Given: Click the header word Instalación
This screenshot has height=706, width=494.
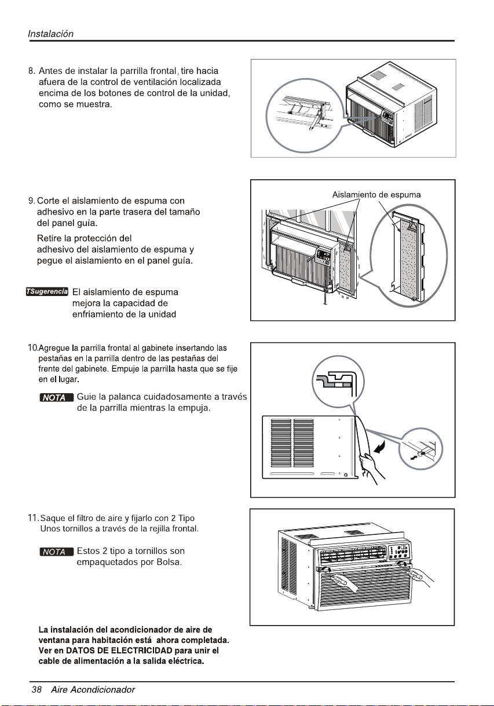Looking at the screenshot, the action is tap(50, 34).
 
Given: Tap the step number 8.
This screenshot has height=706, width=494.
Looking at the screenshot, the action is tap(32, 71).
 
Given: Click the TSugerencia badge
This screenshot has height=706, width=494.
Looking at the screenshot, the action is tap(47, 291).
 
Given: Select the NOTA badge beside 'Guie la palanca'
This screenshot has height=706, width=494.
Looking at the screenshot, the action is tap(57, 397).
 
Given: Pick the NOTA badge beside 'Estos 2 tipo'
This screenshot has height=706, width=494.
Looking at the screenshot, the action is tap(57, 552).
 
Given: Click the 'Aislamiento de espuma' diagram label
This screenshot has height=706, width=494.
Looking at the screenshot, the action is tap(376, 194).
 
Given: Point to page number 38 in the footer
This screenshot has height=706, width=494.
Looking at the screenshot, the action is tap(36, 689).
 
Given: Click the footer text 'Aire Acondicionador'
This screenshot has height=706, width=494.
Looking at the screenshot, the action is tap(93, 689).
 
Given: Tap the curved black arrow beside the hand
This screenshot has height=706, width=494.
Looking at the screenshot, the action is tap(380, 447).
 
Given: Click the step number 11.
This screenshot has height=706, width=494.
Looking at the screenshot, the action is tap(33, 518).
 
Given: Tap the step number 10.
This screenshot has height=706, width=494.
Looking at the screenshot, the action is tap(33, 348).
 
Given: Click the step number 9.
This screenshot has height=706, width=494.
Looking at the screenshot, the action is tap(32, 201).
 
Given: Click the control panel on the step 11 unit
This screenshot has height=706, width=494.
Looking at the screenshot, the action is tap(400, 552).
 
